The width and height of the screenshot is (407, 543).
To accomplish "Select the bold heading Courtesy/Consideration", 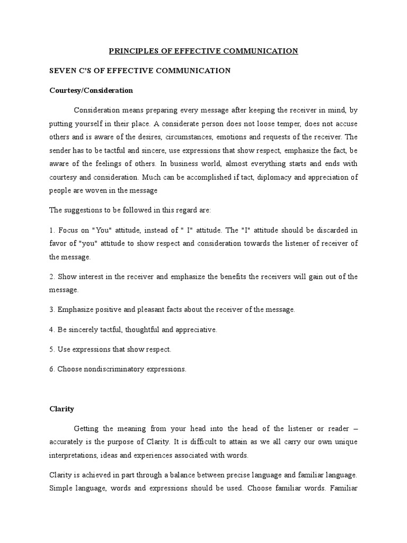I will click(x=91, y=90).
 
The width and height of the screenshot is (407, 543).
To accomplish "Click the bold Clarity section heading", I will click(x=61, y=409).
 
